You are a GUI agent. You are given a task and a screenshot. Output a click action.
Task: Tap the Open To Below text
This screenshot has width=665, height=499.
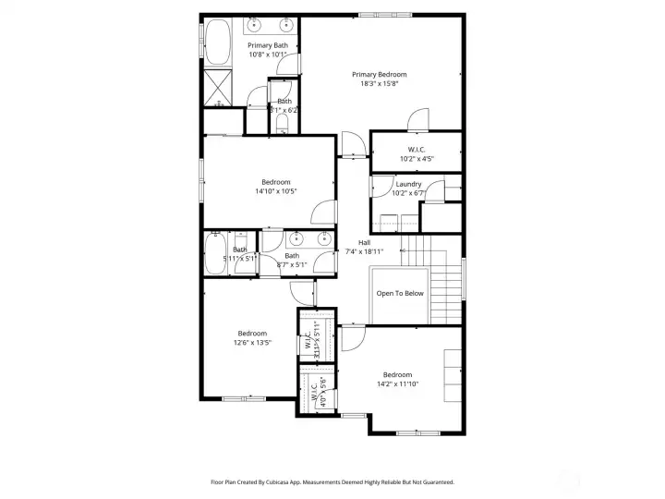(x=400, y=293)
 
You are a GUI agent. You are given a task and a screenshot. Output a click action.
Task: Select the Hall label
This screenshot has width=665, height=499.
(x=351, y=242)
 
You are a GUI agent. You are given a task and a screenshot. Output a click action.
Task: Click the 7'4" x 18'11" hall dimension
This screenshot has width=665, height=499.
(x=351, y=251)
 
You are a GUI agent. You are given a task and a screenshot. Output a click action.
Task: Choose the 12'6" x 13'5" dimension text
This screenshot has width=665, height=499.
(x=252, y=343)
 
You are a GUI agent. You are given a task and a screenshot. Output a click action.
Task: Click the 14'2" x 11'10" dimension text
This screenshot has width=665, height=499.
(x=397, y=383)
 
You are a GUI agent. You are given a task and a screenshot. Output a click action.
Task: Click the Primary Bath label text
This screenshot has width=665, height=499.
(x=267, y=45)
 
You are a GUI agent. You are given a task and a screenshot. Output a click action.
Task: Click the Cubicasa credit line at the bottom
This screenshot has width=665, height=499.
(x=332, y=481)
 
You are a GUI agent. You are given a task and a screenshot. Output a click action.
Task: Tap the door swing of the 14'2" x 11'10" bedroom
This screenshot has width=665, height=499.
(x=350, y=339)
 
